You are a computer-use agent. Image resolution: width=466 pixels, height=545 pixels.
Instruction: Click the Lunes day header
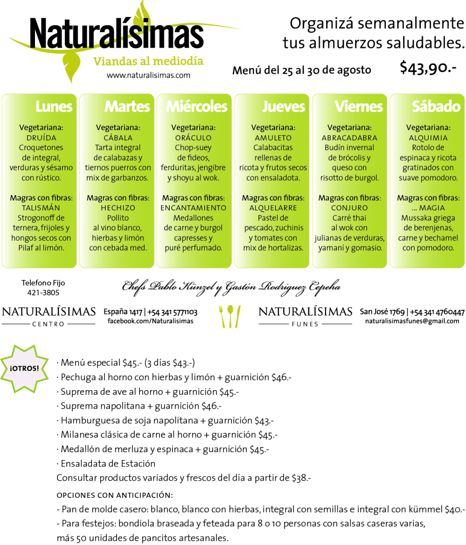click(x=54, y=107)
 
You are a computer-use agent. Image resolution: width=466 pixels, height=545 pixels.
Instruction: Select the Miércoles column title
click(x=196, y=107)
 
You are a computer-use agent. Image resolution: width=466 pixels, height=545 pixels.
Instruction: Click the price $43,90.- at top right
click(x=428, y=68)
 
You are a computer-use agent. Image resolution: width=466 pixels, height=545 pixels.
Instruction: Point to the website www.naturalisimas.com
click(x=148, y=75)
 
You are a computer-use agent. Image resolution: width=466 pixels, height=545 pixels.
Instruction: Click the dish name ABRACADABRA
click(x=349, y=138)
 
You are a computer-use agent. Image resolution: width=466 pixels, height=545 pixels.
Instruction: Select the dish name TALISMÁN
click(x=41, y=208)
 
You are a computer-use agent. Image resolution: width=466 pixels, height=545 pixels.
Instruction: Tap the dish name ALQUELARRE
click(x=272, y=208)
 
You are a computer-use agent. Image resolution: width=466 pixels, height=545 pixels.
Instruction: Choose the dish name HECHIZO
click(x=118, y=208)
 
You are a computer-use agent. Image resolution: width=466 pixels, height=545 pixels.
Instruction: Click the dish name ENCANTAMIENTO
click(x=193, y=208)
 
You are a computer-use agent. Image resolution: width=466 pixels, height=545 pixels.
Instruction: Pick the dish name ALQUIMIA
click(x=428, y=138)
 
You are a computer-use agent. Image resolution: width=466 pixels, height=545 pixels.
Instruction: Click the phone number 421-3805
click(x=43, y=293)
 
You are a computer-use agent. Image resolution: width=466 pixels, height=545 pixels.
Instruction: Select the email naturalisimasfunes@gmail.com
click(x=412, y=321)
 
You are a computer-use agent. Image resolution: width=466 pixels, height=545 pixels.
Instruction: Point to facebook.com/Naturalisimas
click(x=150, y=321)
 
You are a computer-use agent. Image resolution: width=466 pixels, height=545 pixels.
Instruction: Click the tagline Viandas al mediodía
click(x=148, y=61)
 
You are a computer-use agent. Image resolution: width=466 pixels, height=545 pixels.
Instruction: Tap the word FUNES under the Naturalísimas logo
click(x=305, y=323)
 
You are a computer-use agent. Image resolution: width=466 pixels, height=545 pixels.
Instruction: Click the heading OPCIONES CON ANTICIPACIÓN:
click(x=115, y=495)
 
